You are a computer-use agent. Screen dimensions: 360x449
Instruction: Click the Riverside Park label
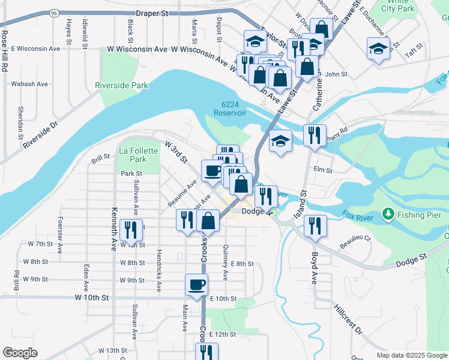[121, 85]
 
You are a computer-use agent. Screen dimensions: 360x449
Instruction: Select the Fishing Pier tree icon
[389, 214]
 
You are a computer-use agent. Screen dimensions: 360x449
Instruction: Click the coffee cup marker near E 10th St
[197, 285]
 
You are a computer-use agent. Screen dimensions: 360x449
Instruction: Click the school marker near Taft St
[378, 49]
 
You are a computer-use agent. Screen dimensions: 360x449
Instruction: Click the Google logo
[20, 352]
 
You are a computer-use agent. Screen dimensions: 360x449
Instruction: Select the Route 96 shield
[55, 12]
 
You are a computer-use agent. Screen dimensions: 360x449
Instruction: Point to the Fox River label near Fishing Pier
[358, 214]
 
